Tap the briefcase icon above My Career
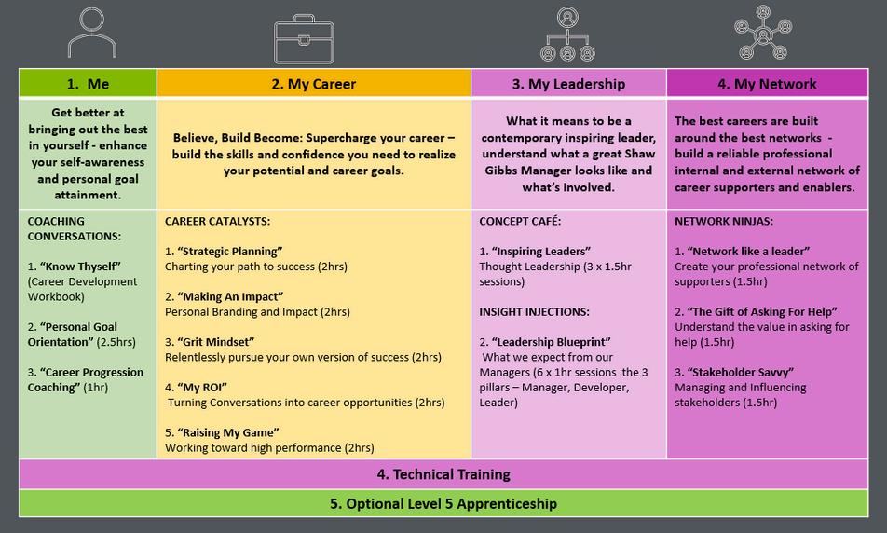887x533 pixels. pos(303,38)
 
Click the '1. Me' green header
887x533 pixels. pos(88,84)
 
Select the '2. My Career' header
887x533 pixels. pos(313,84)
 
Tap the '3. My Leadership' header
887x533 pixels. pos(568,84)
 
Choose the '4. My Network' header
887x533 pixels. pos(767,84)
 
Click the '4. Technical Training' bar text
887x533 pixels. pos(443,474)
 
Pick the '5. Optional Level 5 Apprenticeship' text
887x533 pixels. pos(443,504)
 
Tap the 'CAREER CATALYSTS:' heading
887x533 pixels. pos(219,222)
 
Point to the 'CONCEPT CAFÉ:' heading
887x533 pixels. pos(520,222)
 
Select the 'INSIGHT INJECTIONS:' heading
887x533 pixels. pos(534,311)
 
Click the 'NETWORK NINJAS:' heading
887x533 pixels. pos(722,222)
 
